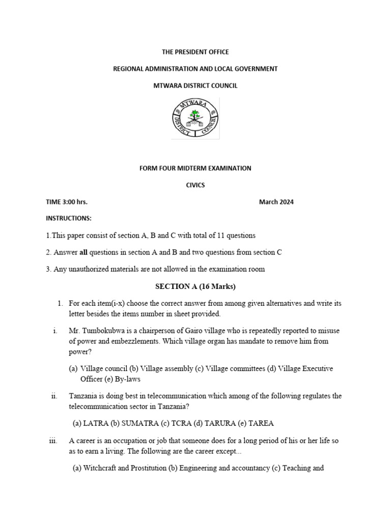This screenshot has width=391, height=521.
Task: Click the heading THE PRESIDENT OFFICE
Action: pyautogui.click(x=195, y=52)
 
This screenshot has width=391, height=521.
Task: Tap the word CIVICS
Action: pyautogui.click(x=195, y=185)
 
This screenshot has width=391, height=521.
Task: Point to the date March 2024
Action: pyautogui.click(x=276, y=202)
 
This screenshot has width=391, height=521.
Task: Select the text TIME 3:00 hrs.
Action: pyautogui.click(x=67, y=202)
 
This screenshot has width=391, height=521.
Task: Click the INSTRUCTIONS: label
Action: pyautogui.click(x=69, y=218)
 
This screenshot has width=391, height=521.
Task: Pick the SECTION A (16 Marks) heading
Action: pyautogui.click(x=195, y=286)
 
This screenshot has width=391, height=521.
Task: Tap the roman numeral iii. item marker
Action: pyautogui.click(x=53, y=441)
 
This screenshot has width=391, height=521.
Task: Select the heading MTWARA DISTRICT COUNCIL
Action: pyautogui.click(x=195, y=85)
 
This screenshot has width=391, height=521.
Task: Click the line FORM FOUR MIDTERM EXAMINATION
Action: pyautogui.click(x=195, y=168)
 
